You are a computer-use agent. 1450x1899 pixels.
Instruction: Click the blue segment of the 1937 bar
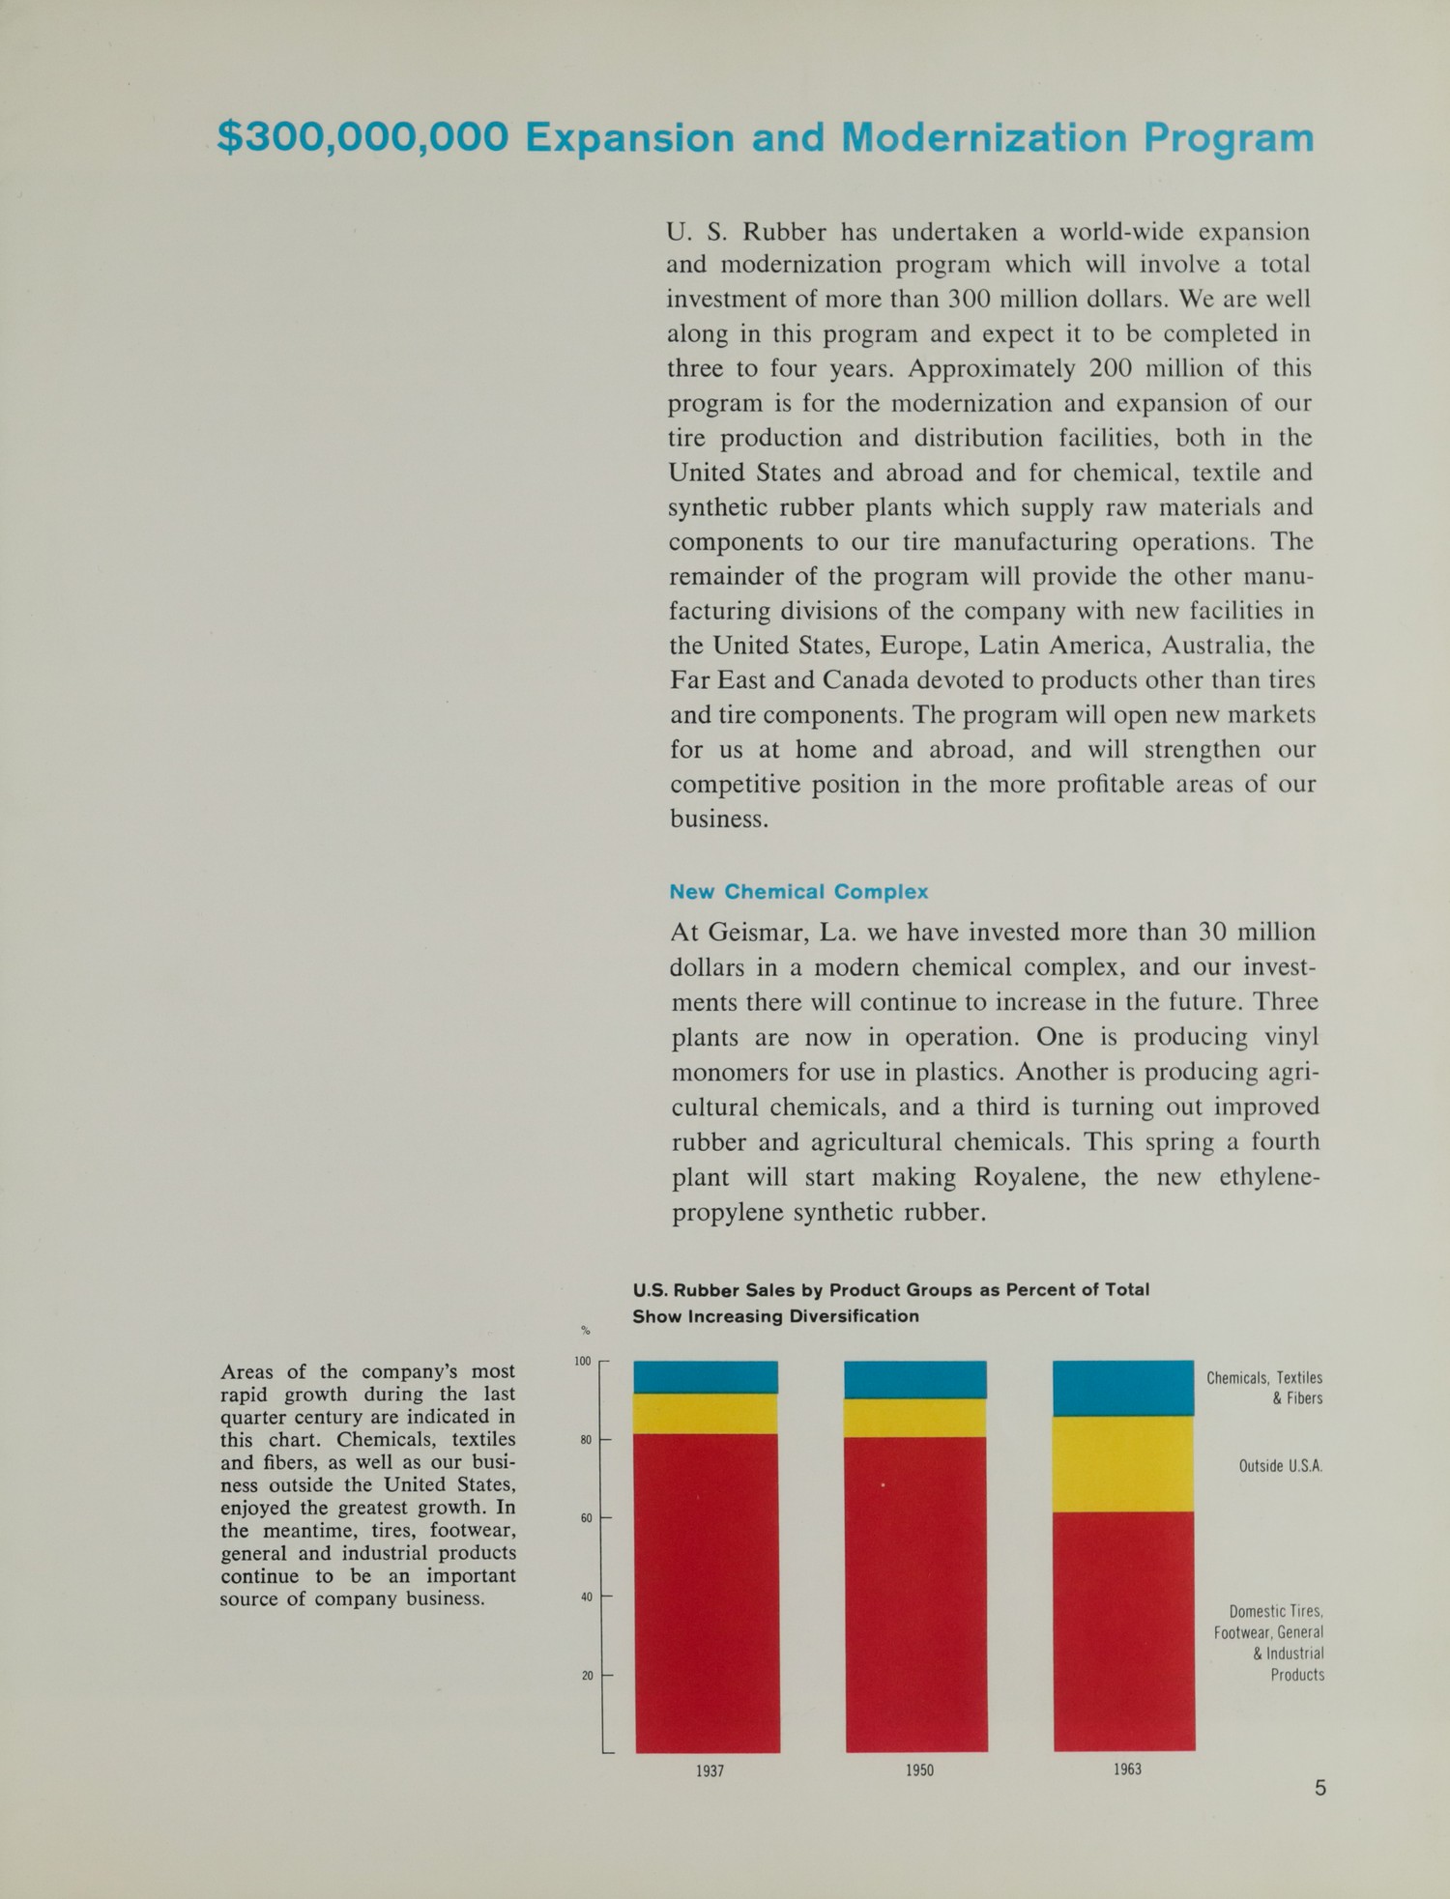tap(706, 1376)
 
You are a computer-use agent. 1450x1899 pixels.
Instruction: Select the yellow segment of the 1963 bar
tap(1123, 1463)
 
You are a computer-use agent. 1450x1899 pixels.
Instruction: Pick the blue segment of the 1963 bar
tap(1123, 1388)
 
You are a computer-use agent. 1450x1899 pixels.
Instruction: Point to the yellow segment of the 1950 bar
tap(915, 1418)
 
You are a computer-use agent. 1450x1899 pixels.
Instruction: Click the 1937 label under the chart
tap(710, 1770)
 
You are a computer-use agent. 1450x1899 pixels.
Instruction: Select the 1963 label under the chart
tap(1127, 1769)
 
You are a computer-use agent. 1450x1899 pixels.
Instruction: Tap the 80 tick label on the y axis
tap(586, 1440)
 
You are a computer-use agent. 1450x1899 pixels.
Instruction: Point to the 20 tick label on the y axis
tap(587, 1675)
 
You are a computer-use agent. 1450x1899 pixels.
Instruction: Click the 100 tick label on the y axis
tap(583, 1361)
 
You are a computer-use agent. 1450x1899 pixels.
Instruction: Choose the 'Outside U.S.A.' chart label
tap(1280, 1466)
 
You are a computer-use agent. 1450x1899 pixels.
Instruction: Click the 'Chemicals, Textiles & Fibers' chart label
tap(1264, 1388)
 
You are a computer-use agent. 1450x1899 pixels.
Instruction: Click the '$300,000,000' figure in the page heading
tap(362, 137)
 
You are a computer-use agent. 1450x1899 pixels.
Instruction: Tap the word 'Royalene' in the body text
tap(1032, 1177)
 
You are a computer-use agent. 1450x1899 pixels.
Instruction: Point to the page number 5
tap(1320, 1788)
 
